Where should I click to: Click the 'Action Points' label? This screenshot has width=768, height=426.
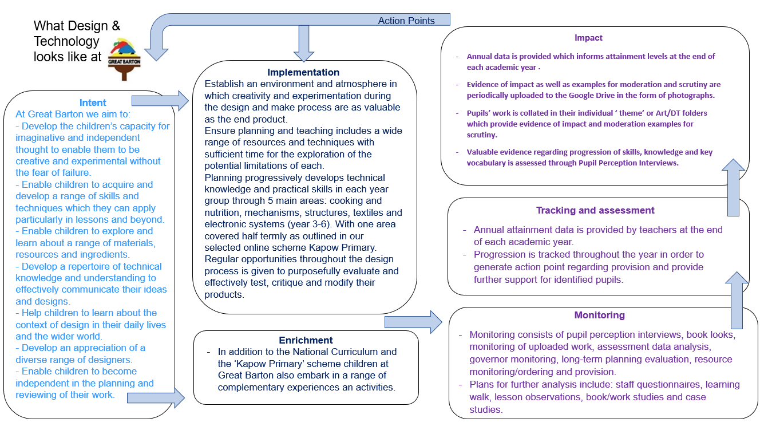[x=406, y=21]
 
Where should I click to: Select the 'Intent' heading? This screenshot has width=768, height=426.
[x=93, y=103]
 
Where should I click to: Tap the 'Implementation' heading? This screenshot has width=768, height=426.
[x=303, y=73]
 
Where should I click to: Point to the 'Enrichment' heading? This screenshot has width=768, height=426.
[x=306, y=340]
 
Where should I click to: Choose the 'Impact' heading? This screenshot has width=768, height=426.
[x=588, y=38]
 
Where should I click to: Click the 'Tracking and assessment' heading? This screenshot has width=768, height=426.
[x=595, y=210]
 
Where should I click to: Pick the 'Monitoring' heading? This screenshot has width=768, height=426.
[x=599, y=315]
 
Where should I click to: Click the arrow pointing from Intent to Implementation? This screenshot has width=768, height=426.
[x=160, y=101]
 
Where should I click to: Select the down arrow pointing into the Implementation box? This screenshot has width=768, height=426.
[x=304, y=44]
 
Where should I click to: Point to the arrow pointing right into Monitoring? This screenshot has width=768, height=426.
[x=413, y=322]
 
